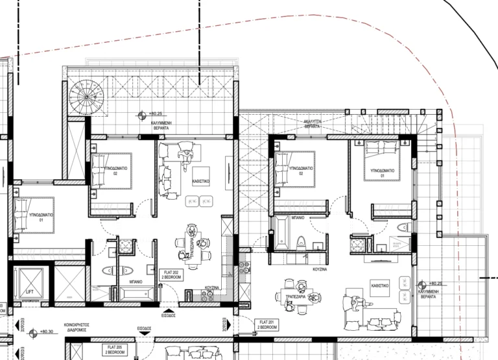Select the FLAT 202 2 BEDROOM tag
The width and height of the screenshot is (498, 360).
click(171, 274)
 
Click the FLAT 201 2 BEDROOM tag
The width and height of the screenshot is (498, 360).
click(267, 324)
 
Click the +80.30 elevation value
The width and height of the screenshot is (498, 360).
click(46, 331)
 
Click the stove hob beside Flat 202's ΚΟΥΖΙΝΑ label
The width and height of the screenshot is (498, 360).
click(208, 295)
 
